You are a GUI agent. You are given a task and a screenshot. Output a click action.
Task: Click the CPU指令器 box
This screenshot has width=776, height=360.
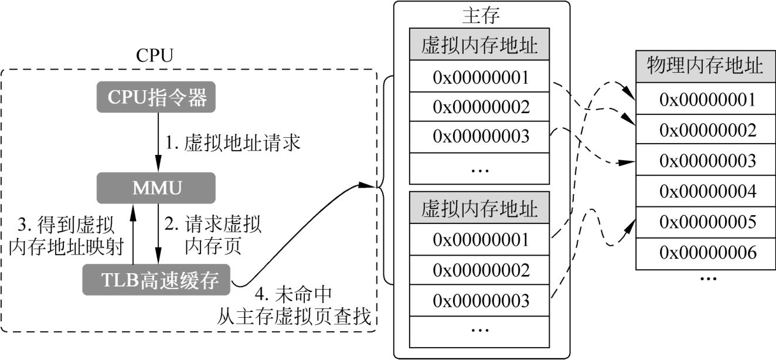pos(156,97)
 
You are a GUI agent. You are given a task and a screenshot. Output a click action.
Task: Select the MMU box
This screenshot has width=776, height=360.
pos(156,188)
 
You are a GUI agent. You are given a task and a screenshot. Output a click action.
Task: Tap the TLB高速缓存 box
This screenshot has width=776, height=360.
pos(156,280)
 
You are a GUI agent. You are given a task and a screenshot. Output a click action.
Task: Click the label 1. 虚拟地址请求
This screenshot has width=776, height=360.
pos(233,142)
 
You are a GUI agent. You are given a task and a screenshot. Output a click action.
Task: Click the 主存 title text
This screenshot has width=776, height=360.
pos(481,15)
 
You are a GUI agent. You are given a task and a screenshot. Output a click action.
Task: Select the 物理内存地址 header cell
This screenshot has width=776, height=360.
pos(705,66)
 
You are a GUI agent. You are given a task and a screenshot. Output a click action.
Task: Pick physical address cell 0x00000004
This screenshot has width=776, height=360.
pos(705,191)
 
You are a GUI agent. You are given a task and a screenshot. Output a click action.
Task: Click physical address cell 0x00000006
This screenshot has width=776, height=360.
pos(705,253)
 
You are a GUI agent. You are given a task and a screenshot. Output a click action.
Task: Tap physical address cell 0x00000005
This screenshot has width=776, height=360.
pos(705,222)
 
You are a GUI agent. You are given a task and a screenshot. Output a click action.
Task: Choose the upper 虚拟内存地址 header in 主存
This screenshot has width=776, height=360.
pos(479,45)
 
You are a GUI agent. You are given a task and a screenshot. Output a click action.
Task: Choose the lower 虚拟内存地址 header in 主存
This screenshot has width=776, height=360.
pos(479,208)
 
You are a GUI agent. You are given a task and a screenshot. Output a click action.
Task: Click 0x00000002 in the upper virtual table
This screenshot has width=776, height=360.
pos(479,106)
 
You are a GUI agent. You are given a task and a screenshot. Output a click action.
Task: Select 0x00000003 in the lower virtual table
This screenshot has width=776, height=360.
pos(479,300)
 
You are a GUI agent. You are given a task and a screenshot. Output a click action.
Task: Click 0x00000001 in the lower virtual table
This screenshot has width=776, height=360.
pos(479,239)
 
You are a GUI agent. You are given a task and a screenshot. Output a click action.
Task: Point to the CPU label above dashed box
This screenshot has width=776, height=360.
pos(155,56)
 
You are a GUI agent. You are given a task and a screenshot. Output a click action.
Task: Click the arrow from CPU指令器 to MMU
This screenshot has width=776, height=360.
pos(158,142)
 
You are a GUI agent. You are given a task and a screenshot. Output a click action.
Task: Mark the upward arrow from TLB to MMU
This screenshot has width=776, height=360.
pos(132,234)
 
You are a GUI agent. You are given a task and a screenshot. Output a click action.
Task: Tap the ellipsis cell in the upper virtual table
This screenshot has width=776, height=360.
pos(479,168)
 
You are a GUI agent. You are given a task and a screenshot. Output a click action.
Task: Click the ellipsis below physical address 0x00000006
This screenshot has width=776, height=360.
pos(708,279)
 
